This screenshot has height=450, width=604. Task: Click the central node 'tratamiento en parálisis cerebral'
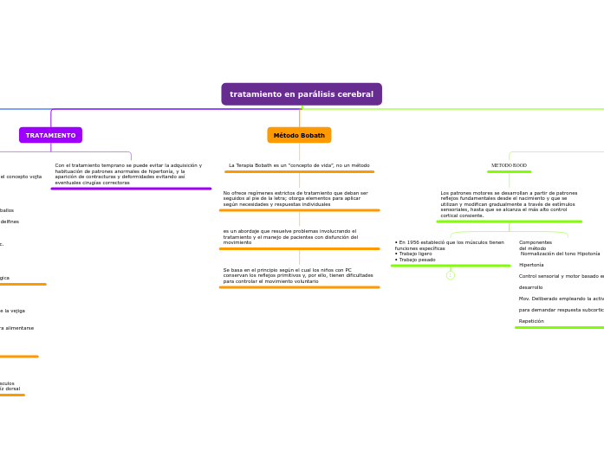pos(302,94)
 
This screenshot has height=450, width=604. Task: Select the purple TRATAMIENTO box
pos(50,135)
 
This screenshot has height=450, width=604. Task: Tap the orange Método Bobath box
pos(299,135)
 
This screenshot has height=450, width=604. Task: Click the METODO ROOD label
pos(509,165)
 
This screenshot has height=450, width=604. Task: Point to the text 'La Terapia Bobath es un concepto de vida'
pos(299,165)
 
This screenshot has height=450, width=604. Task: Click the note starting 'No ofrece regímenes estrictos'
pos(296,198)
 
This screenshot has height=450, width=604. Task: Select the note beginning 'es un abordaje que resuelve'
pos(290,236)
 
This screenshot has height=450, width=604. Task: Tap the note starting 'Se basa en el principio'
pos(298,275)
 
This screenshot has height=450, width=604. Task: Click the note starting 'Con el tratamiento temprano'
pos(128,174)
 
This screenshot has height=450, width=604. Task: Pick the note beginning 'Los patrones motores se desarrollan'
pos(509,203)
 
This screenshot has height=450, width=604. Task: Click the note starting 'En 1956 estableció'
pos(449,245)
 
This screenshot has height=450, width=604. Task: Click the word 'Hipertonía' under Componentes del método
pos(531,265)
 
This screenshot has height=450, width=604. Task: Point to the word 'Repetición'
pos(531,321)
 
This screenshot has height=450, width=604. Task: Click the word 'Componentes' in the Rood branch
pos(536,242)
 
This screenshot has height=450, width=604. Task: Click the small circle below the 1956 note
pos(451,275)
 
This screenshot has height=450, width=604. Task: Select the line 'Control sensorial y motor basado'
pos(560,276)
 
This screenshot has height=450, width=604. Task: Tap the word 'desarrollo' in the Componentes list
pos(530,287)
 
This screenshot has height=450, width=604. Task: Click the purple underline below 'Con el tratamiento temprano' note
pos(131,189)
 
